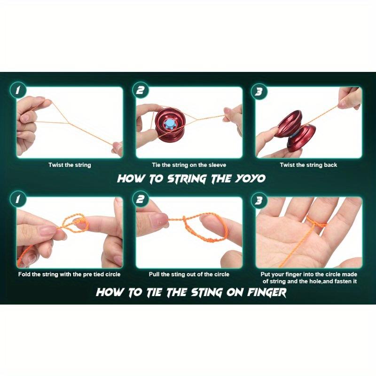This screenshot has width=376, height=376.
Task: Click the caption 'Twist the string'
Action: click(70, 165)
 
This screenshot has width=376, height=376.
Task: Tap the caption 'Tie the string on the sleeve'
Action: click(189, 165)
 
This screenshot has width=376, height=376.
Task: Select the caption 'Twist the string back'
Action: click(308, 165)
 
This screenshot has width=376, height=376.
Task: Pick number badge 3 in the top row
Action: click(258, 91)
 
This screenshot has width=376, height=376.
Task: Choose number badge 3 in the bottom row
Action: click(258, 201)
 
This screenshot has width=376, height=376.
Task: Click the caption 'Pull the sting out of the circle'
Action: click(189, 274)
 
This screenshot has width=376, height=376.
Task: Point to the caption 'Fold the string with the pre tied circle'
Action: click(70, 274)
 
